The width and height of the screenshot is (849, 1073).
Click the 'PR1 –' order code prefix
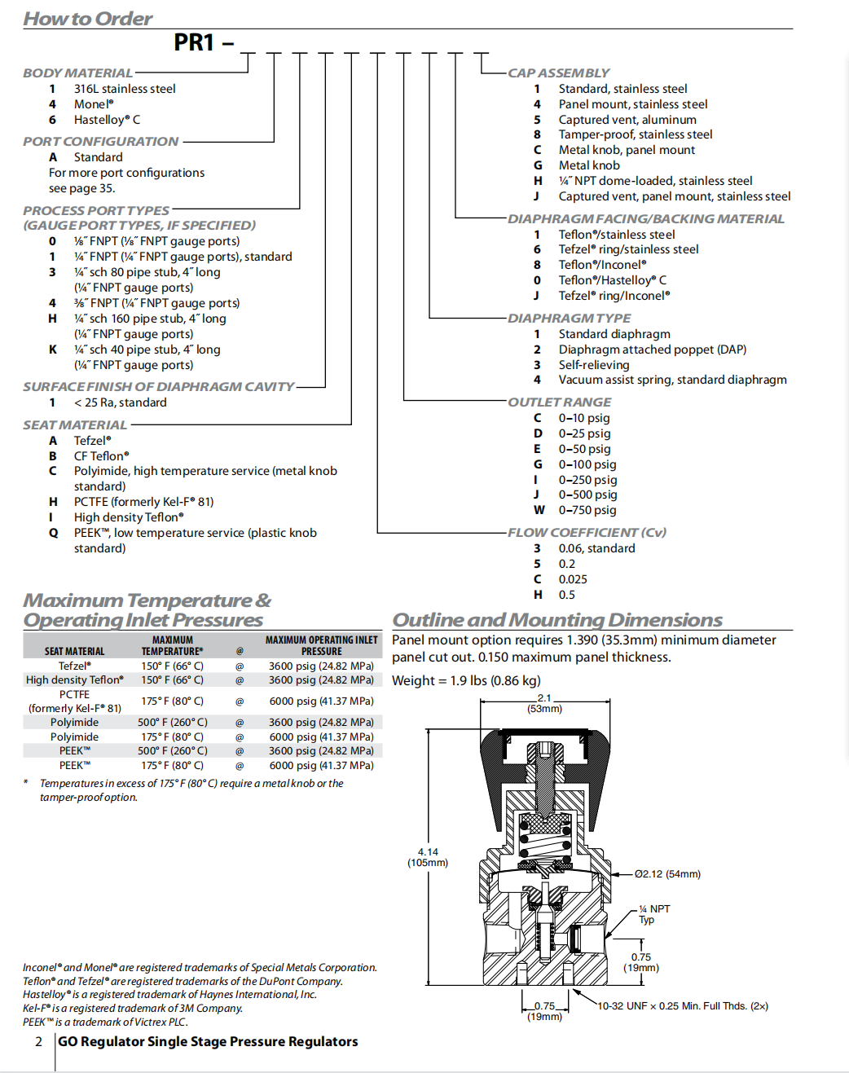(203, 42)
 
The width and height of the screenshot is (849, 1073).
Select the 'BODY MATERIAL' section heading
(77, 73)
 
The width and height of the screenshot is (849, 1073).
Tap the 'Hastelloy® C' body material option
(107, 120)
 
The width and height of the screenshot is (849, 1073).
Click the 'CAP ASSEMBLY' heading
(558, 73)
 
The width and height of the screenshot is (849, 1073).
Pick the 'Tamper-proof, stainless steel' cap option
(635, 134)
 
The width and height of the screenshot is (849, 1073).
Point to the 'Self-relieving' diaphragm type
(593, 365)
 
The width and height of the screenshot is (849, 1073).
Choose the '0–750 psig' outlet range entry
(587, 510)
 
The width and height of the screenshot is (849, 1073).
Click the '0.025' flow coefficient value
(572, 579)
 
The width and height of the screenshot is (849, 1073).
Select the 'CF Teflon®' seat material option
(101, 456)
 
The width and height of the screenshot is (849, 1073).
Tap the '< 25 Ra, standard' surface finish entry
(120, 402)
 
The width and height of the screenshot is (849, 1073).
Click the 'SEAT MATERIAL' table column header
(74, 651)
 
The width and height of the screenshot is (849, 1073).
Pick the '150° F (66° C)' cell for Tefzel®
(172, 666)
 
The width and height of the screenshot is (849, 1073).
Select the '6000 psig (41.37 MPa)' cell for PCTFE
(321, 701)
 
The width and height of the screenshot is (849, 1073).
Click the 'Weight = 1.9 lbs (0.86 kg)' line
(466, 680)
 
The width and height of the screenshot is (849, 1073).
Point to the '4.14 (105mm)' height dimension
(428, 857)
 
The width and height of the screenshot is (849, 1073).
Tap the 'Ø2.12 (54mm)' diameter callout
(667, 874)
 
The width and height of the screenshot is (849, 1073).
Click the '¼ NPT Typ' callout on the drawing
(653, 914)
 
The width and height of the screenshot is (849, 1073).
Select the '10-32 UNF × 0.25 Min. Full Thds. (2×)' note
(683, 1006)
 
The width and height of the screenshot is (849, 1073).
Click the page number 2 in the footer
(38, 1041)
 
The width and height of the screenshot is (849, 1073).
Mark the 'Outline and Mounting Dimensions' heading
(557, 620)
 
